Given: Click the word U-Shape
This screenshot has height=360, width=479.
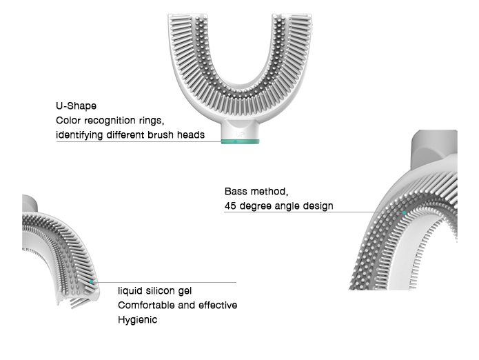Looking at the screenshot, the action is point(76,106).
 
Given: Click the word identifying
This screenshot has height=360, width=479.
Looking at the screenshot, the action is point(79,135).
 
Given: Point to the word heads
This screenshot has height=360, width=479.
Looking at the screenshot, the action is point(191,134).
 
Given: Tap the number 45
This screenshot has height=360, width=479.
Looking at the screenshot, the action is point(230,206).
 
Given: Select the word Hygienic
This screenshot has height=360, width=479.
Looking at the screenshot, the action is point(137,320).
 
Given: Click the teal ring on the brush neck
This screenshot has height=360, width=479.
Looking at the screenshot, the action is point(240,141).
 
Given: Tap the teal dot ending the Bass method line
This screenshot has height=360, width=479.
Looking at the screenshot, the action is point(404,212).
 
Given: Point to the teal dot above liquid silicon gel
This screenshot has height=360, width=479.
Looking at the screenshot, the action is point(92,281).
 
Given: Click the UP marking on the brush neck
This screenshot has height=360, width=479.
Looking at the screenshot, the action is point(240,134).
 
